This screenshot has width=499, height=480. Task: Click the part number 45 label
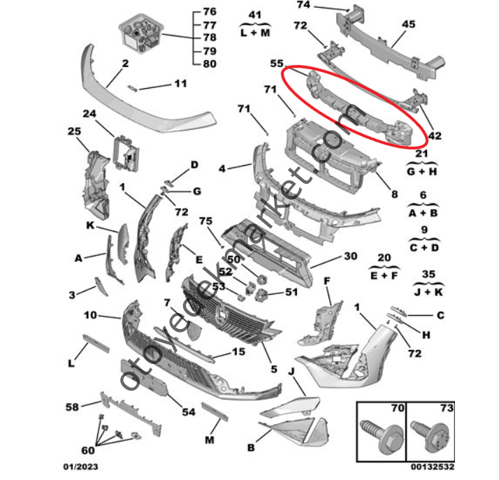pyautogui.click(x=409, y=23)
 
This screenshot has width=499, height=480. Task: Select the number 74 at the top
pyautogui.click(x=303, y=6)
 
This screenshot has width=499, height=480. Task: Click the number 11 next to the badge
pyautogui.click(x=180, y=85)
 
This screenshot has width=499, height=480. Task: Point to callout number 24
pyautogui.click(x=89, y=114)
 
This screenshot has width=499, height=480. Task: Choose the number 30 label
pyautogui.click(x=349, y=256)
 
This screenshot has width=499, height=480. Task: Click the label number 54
pyautogui.click(x=188, y=412)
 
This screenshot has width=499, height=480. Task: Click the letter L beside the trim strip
pyautogui.click(x=71, y=363)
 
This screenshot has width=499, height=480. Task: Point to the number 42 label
pyautogui.click(x=434, y=137)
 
